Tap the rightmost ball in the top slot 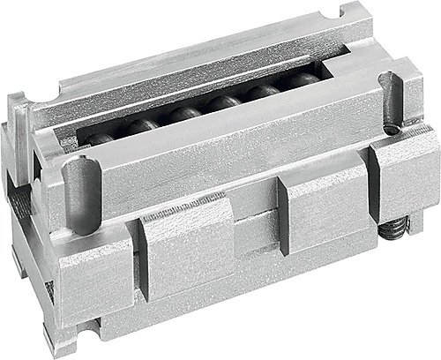(303, 81)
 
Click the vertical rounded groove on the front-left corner (78, 194)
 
